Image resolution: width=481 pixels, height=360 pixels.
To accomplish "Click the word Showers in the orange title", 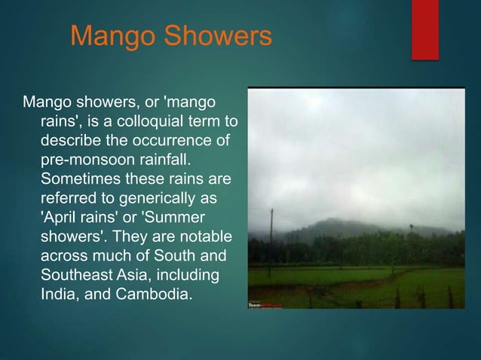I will (219, 36).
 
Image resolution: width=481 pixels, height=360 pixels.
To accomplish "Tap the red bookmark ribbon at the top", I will (425, 29).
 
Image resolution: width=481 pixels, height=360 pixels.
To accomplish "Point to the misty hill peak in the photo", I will (339, 224).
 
